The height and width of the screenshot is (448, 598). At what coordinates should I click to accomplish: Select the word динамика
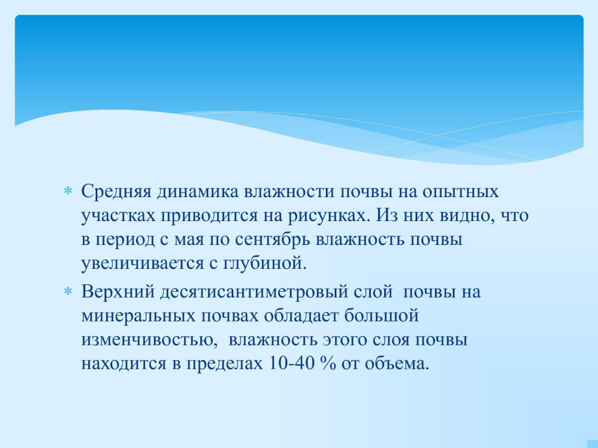(x=197, y=191)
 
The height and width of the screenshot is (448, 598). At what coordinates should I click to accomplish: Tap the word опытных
(x=460, y=191)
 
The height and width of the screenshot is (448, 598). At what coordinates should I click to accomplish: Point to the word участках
(x=118, y=216)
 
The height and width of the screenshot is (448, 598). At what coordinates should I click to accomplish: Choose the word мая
(x=189, y=240)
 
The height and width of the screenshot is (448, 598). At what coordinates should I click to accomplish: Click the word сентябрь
(x=273, y=239)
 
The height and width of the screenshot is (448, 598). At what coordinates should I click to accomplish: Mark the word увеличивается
(x=142, y=263)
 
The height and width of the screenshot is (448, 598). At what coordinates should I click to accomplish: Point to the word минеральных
(x=138, y=316)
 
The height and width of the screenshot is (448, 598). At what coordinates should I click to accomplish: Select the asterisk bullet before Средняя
(x=68, y=191)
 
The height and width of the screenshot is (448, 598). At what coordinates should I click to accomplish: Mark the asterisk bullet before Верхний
(x=68, y=292)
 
